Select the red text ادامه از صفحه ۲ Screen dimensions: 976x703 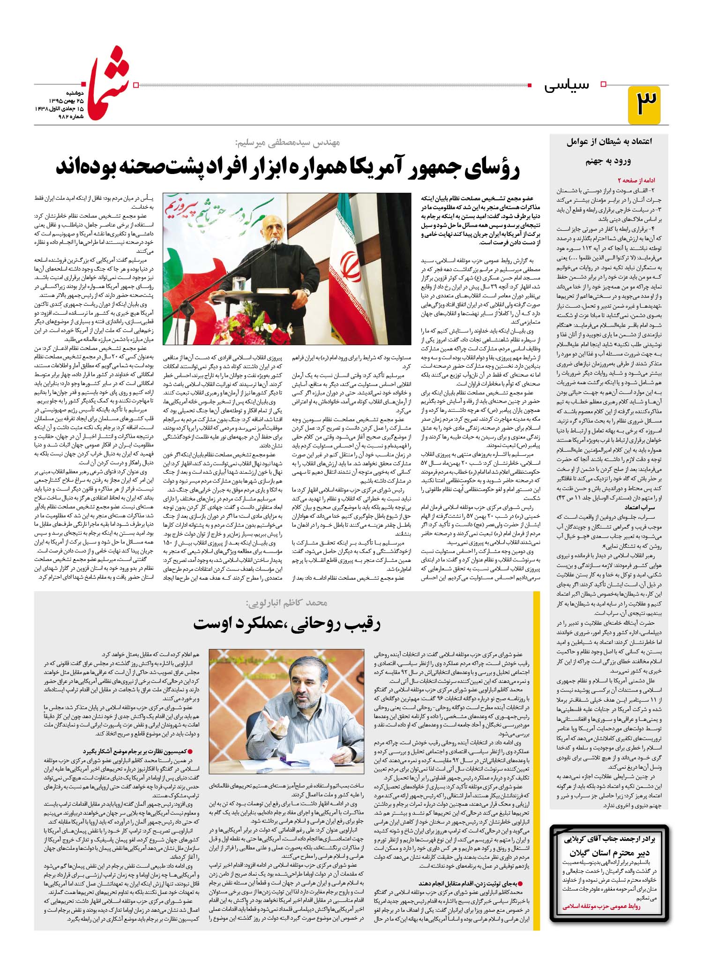point(636,180)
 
